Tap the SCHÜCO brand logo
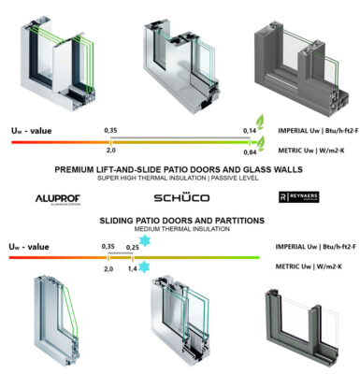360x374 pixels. point(181,198)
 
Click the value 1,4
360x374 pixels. point(132,267)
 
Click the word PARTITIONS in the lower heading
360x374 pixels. point(237,220)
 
